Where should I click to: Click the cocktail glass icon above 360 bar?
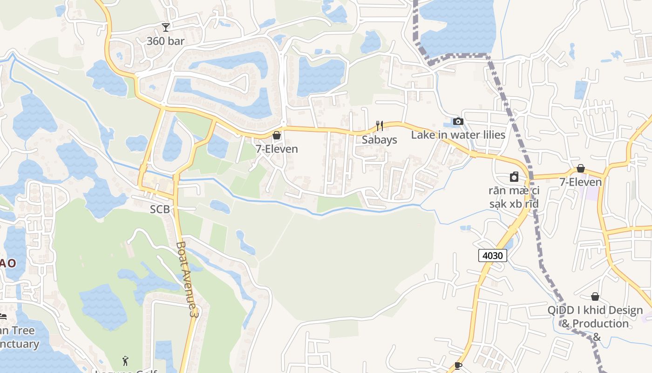pos(165,27)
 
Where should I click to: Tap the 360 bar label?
pos(165,41)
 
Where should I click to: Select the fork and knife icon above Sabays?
pos(380,125)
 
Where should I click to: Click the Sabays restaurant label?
pos(380,139)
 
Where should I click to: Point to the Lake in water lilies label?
pos(458,135)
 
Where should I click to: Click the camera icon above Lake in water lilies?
pos(458,121)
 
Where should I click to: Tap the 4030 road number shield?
pos(492,255)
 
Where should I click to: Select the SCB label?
pos(160,210)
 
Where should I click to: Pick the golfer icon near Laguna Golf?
pos(125,360)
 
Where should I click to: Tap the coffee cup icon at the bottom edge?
pos(458,366)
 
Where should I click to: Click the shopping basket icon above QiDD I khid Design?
pos(595,297)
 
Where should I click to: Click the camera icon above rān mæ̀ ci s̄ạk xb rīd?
pos(514,177)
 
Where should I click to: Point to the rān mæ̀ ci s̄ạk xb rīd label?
pos(514,197)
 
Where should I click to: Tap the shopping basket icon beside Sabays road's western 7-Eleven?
pos(277,135)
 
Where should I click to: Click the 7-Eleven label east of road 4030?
pos(581,182)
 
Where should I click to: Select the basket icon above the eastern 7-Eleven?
pos(581,168)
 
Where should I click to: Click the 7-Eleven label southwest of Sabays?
pos(277,149)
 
